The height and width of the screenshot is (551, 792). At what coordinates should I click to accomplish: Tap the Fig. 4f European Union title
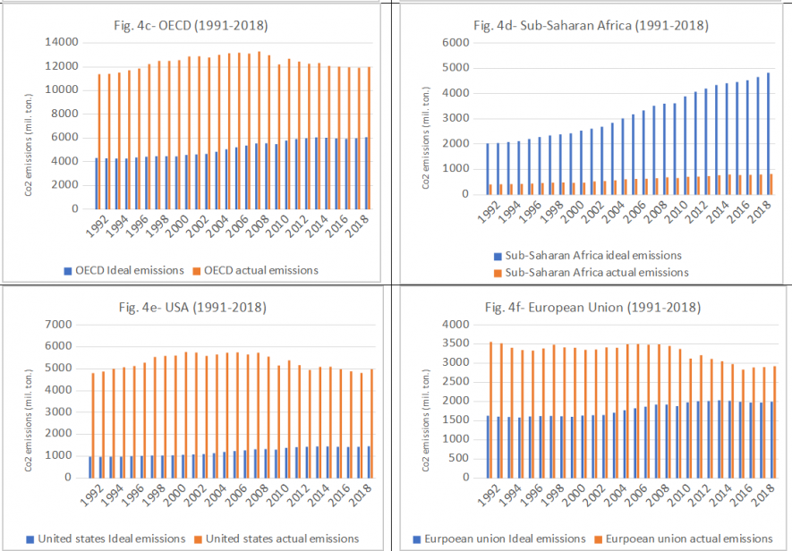coord(592,308)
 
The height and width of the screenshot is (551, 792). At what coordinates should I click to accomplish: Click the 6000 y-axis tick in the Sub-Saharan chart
coord(457,42)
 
